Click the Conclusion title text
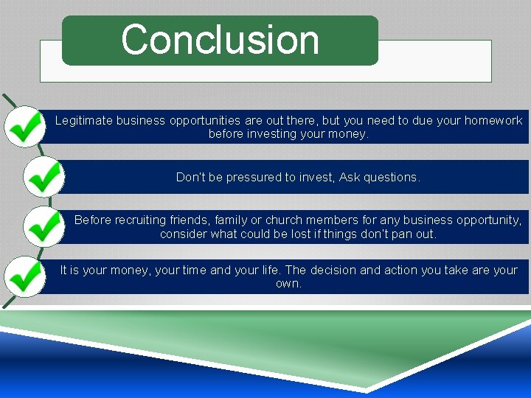pyautogui.click(x=220, y=40)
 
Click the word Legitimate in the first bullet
pyautogui.click(x=83, y=120)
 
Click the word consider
pyautogui.click(x=183, y=234)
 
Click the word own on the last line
pyautogui.click(x=288, y=284)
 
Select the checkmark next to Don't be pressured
pyautogui.click(x=44, y=177)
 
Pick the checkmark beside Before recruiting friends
pyautogui.click(x=44, y=226)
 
